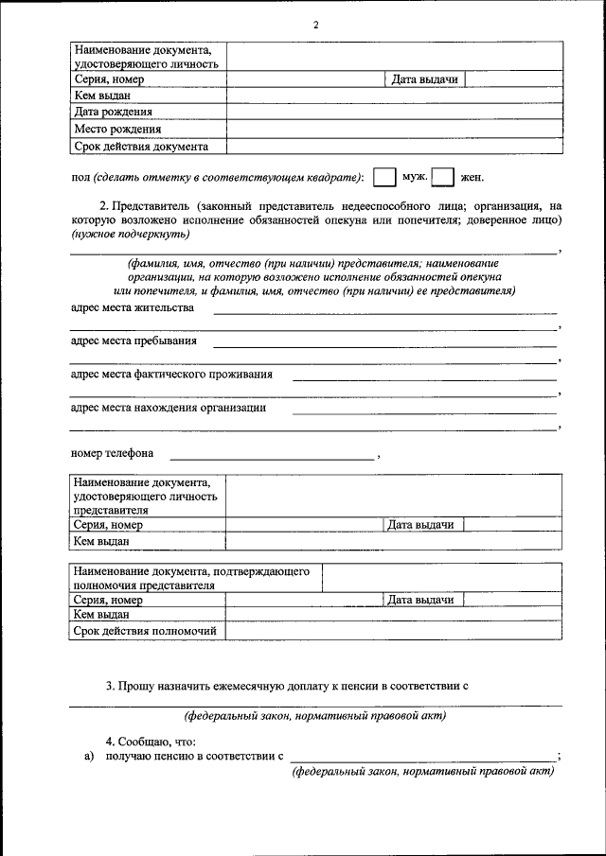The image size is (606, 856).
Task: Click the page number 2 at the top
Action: (315, 26)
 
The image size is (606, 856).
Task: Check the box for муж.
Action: (383, 177)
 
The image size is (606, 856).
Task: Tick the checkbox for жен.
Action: (443, 177)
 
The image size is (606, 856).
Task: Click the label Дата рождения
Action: (113, 112)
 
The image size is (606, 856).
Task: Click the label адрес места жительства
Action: (133, 308)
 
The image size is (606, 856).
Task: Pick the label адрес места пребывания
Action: (134, 341)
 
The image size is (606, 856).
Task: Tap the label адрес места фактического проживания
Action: (171, 374)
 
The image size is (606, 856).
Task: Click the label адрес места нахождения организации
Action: (169, 408)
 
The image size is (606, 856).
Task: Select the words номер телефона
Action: (112, 452)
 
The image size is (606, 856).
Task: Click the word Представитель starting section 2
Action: (152, 205)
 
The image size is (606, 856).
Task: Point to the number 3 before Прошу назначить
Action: (109, 685)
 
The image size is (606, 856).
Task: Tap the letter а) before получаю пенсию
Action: (89, 756)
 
